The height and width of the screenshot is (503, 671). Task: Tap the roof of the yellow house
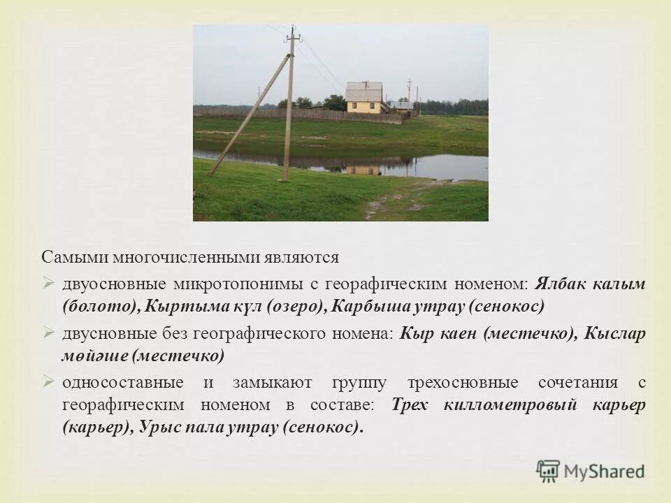point(364,92)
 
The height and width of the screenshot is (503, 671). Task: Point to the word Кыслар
point(616,334)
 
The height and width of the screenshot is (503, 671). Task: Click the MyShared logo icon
point(548,471)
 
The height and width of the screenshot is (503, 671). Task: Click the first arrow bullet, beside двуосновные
point(48,284)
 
